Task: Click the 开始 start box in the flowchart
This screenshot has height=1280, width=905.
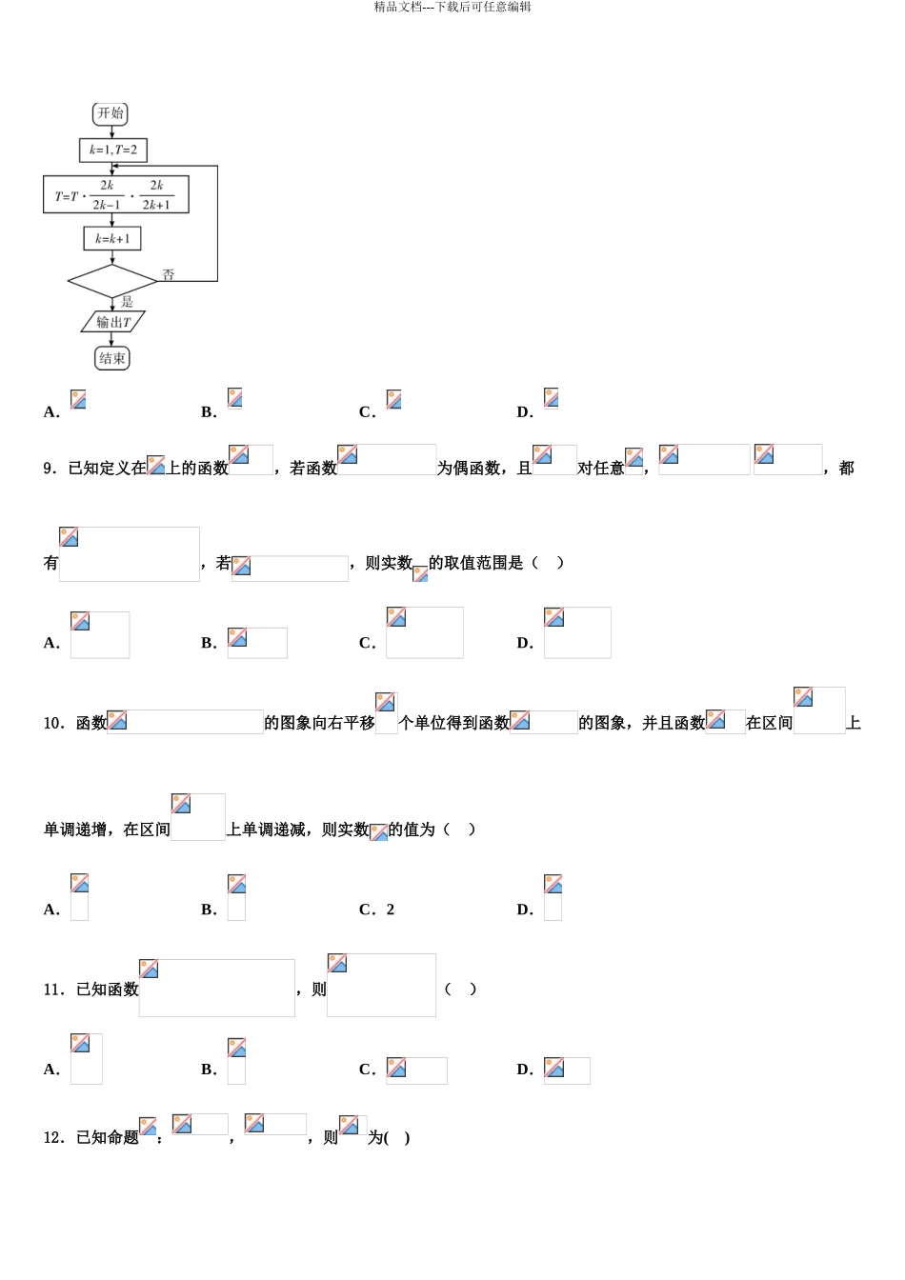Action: (x=111, y=113)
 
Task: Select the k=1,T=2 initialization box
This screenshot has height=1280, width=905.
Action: (x=113, y=150)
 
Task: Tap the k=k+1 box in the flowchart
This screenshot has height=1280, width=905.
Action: (x=112, y=238)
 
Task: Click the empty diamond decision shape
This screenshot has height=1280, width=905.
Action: (x=112, y=281)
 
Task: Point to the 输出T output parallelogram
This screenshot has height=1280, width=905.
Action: (x=113, y=322)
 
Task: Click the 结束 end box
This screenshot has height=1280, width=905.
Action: (x=112, y=358)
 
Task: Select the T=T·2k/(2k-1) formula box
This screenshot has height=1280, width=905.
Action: (x=116, y=194)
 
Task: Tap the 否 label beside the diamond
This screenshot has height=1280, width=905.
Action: (x=168, y=274)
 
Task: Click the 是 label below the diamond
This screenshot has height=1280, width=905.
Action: (x=127, y=301)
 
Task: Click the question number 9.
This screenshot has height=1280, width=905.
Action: (x=50, y=469)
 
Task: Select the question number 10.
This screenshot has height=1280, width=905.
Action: (x=53, y=724)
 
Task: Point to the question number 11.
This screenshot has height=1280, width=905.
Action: (x=53, y=990)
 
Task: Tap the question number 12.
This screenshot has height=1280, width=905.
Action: (x=53, y=1138)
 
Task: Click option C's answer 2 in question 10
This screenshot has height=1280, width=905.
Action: (x=391, y=910)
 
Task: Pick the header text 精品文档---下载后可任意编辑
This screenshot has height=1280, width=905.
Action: (x=452, y=7)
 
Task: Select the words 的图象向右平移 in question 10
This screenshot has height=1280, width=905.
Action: (x=319, y=724)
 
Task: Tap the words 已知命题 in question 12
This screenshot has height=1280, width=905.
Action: (x=108, y=1138)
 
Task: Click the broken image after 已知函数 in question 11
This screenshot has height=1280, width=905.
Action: (x=216, y=988)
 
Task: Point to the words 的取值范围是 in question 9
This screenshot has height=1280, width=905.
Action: (x=476, y=564)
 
